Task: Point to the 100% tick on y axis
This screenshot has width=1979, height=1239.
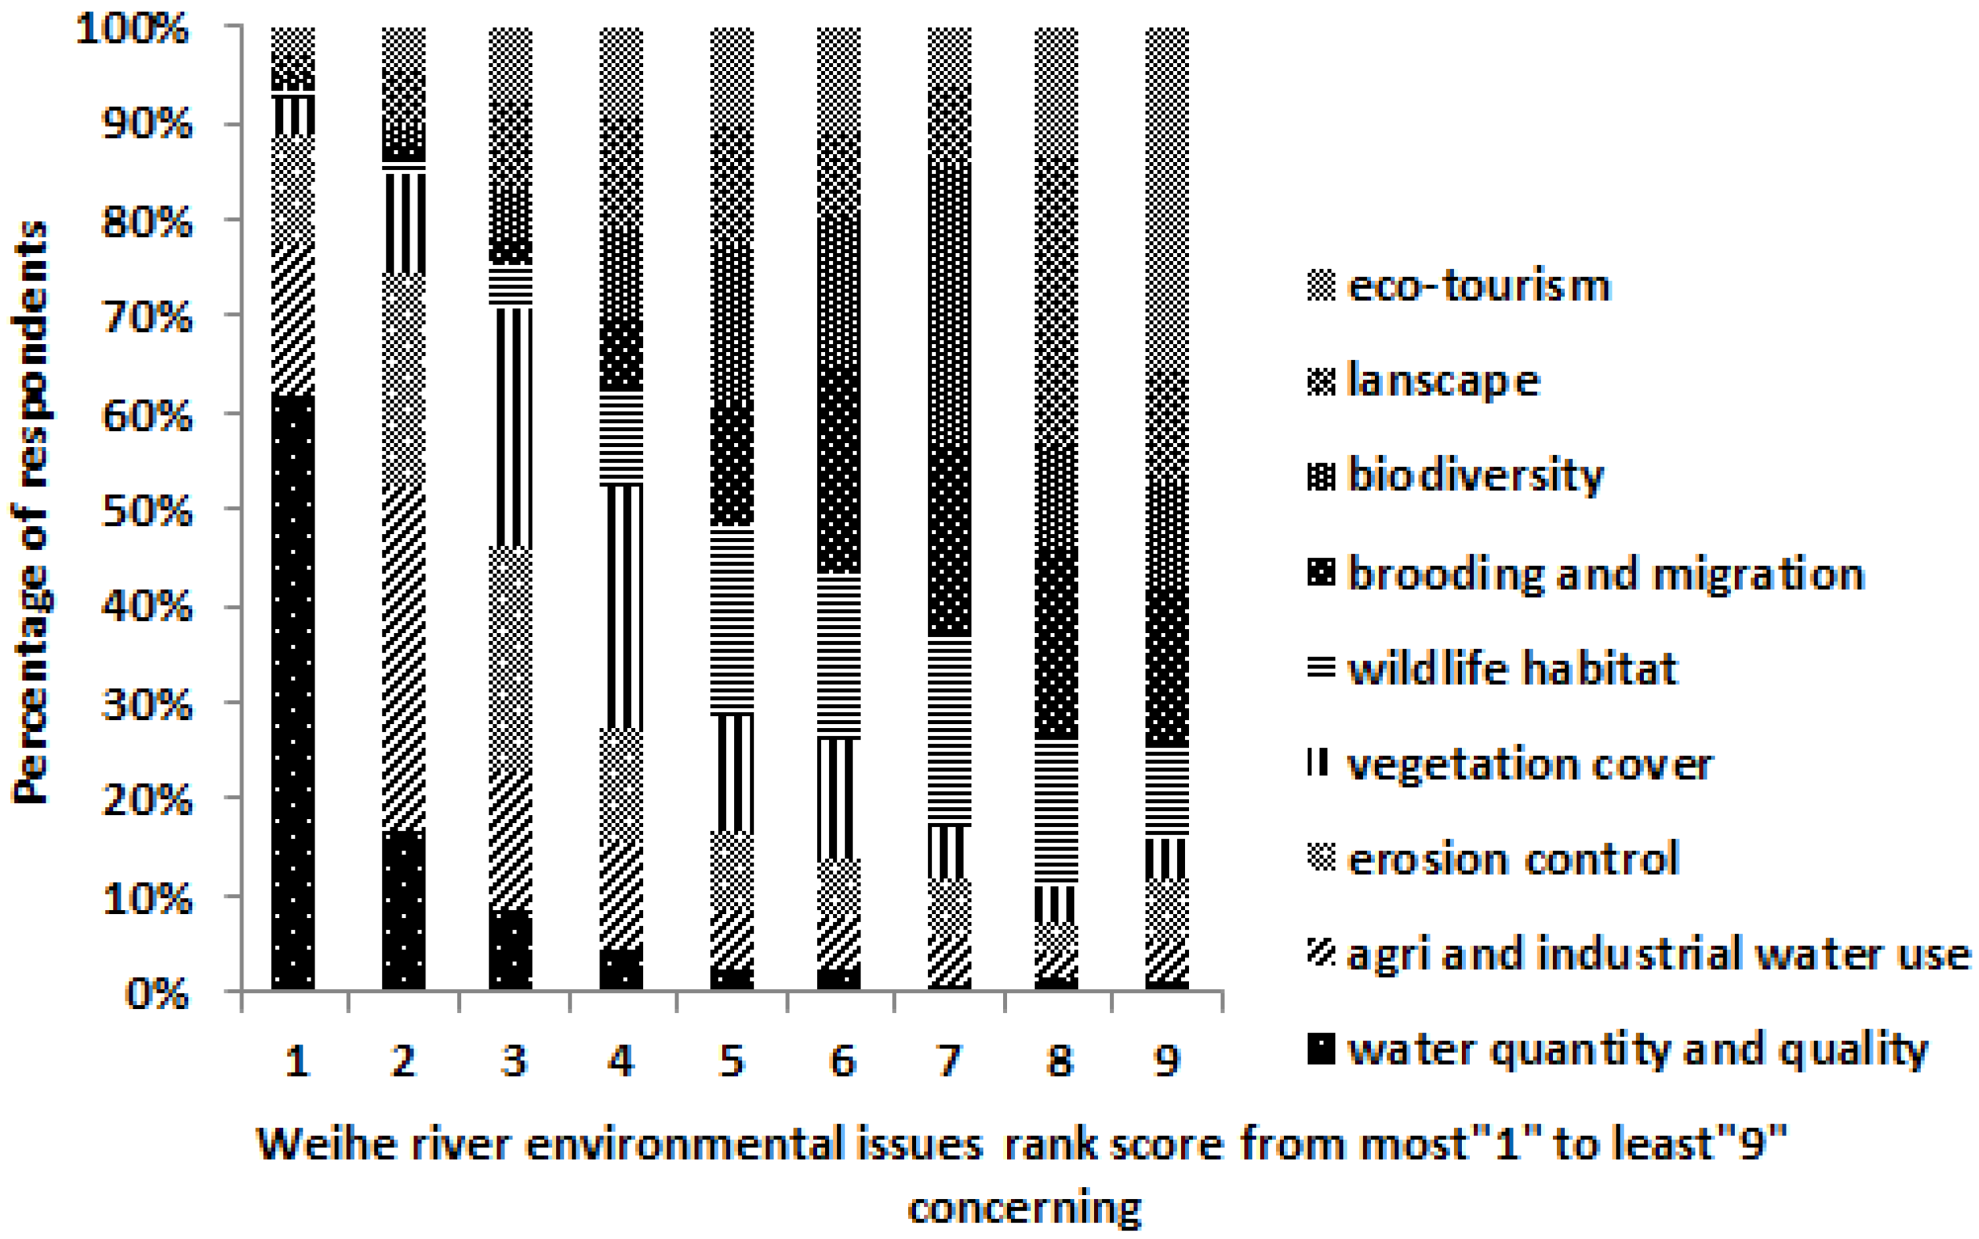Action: [132, 30]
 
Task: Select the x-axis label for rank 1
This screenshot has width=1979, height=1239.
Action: [296, 1061]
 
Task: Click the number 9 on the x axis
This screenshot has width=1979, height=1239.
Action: [1167, 1061]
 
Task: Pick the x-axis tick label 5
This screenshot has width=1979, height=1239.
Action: [731, 1061]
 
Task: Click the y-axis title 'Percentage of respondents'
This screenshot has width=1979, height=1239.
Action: [31, 513]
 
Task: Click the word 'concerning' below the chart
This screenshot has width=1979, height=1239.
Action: [1024, 1208]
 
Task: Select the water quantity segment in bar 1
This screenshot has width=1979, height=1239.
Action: [293, 692]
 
